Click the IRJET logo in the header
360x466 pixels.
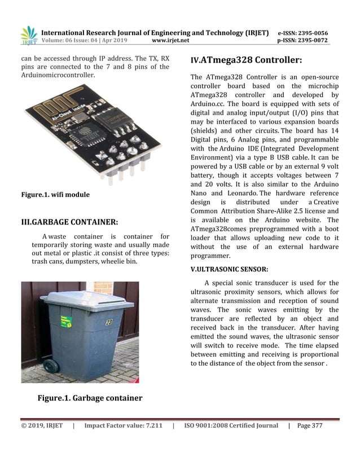[x=28, y=36]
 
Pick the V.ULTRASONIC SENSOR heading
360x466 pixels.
[x=230, y=270]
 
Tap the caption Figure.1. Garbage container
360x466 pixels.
[x=90, y=398]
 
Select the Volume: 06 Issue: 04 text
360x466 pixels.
[x=82, y=41]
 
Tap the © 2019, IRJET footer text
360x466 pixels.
[x=42, y=425]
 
